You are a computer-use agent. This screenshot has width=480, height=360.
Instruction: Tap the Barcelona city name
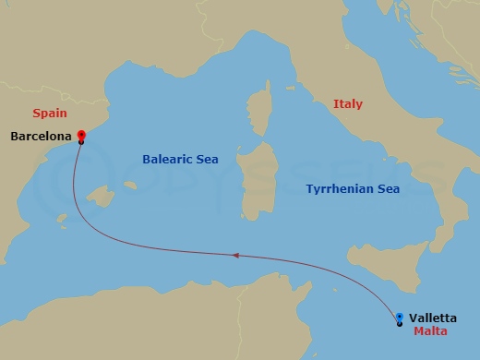[41, 138]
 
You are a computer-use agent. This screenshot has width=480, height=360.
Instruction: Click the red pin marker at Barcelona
[81, 136]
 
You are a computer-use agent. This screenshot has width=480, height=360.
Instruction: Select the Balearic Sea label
[180, 160]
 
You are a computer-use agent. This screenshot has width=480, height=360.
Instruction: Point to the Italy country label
[348, 105]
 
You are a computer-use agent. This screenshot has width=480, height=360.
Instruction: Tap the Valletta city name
[434, 318]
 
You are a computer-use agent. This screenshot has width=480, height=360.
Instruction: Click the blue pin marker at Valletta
[399, 318]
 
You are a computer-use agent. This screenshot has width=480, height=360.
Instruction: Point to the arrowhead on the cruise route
[237, 255]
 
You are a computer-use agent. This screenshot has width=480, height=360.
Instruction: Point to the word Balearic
[167, 160]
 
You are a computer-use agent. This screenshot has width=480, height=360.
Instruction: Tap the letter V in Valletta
[414, 318]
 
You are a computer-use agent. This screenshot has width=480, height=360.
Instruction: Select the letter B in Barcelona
[15, 138]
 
